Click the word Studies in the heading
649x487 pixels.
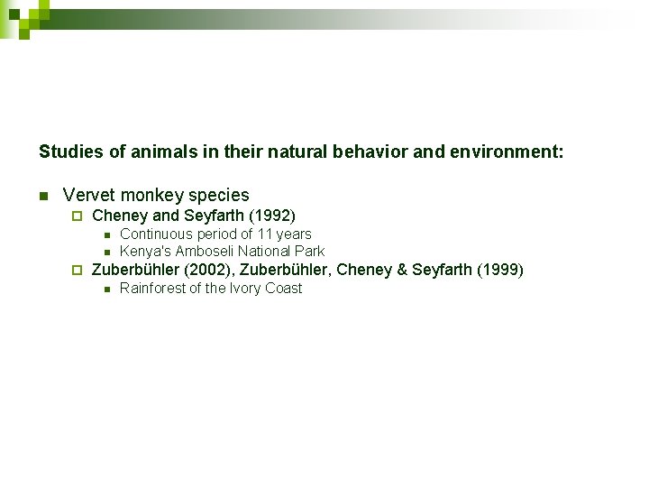70,152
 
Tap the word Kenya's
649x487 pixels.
145,252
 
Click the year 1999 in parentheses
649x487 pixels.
500,270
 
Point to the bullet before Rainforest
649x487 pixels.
105,289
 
